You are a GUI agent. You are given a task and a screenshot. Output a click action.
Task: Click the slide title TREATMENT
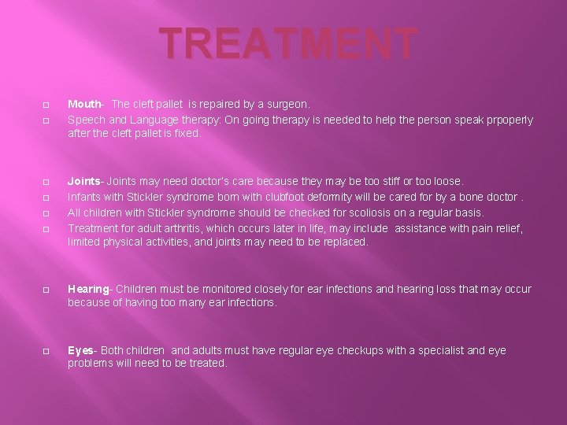pos(287,44)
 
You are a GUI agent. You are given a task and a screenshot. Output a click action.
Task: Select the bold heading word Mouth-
pos(85,104)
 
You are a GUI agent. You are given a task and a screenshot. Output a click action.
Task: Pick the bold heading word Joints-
pos(87,181)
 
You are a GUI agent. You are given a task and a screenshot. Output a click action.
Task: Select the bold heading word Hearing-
pos(89,289)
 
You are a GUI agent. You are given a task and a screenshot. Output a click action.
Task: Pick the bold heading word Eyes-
pos(82,350)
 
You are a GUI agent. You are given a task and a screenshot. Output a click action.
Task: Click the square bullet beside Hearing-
pos(46,290)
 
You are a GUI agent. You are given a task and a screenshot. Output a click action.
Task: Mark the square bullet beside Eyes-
pos(46,351)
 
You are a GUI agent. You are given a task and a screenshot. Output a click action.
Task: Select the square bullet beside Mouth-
pos(46,105)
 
